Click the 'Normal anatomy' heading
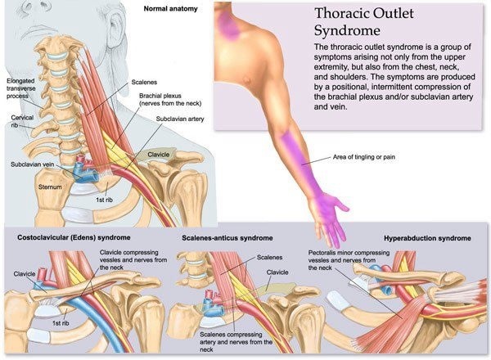tap(171, 9)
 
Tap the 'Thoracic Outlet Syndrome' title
tap(363, 22)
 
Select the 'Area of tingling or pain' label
tap(364, 157)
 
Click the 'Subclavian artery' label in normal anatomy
tap(180, 119)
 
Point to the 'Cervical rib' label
tap(22, 121)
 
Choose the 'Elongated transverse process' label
tap(21, 88)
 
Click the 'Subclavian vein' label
tap(32, 164)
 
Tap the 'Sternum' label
tap(50, 187)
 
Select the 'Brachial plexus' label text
tap(160, 96)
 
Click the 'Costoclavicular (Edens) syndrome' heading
tap(74, 237)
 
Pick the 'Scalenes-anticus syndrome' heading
tap(227, 238)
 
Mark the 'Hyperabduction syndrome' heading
tap(427, 239)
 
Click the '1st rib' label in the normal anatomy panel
tap(104, 200)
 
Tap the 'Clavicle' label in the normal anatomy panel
tap(159, 155)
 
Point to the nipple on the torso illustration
tap(247, 80)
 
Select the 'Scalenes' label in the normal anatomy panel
tap(144, 83)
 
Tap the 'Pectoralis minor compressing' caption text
tap(349, 253)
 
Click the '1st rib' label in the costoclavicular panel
tap(61, 323)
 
